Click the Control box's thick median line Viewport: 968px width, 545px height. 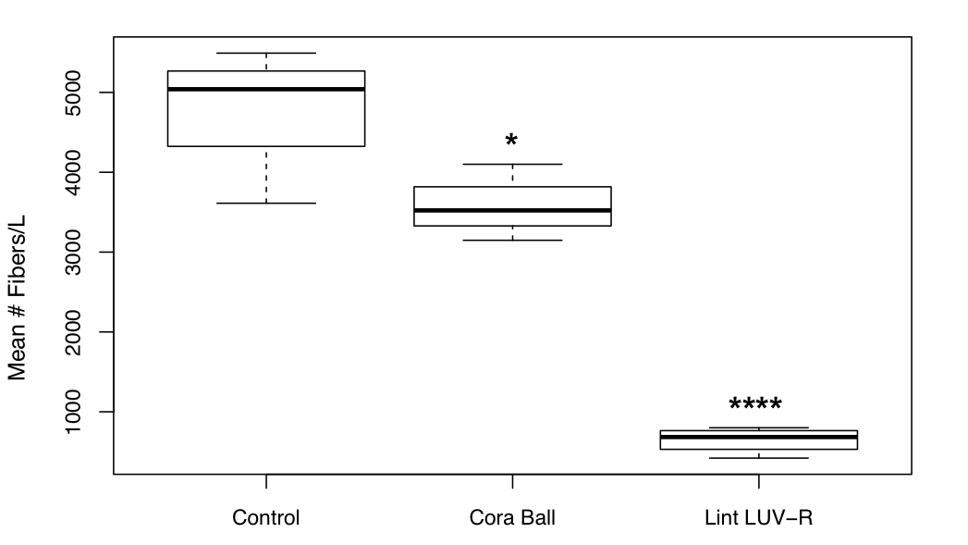(x=266, y=89)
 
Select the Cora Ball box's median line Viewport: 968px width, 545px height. (x=512, y=210)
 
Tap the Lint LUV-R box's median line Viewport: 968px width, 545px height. (x=758, y=437)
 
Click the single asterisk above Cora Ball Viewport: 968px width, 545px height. (x=511, y=141)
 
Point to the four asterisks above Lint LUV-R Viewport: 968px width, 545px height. (x=755, y=405)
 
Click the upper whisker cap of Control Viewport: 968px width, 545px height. (x=266, y=53)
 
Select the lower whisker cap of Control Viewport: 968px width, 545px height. (x=266, y=203)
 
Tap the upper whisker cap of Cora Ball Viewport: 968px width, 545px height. (x=512, y=164)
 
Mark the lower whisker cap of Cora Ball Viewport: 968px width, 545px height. (x=512, y=241)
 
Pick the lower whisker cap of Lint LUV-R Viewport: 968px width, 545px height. (x=758, y=458)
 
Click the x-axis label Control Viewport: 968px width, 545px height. (x=266, y=518)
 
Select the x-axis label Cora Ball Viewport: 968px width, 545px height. (x=512, y=518)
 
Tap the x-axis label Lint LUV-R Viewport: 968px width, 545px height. (x=758, y=518)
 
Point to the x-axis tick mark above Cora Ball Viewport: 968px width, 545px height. (x=512, y=481)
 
